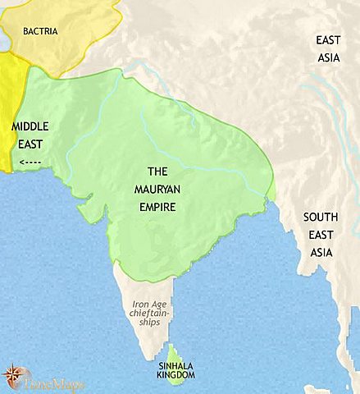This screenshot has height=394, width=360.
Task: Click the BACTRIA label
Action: tap(40, 32)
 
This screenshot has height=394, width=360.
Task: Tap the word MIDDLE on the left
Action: tap(30, 127)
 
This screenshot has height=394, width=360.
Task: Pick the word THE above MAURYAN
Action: tap(157, 173)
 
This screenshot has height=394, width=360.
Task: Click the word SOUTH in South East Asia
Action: tap(321, 218)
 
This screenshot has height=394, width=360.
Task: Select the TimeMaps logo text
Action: tap(48, 382)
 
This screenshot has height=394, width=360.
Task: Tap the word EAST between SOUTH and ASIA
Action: tap(321, 233)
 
